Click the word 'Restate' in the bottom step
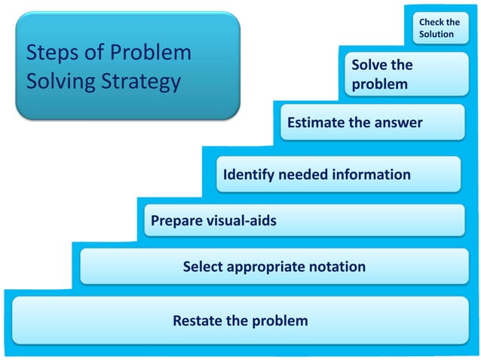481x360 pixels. tap(197, 321)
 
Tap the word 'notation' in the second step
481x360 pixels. tap(336, 267)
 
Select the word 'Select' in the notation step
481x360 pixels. tap(202, 267)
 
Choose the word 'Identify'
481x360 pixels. tap(249, 175)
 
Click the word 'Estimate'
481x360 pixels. tap(316, 123)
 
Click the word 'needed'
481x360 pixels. tap(302, 175)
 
